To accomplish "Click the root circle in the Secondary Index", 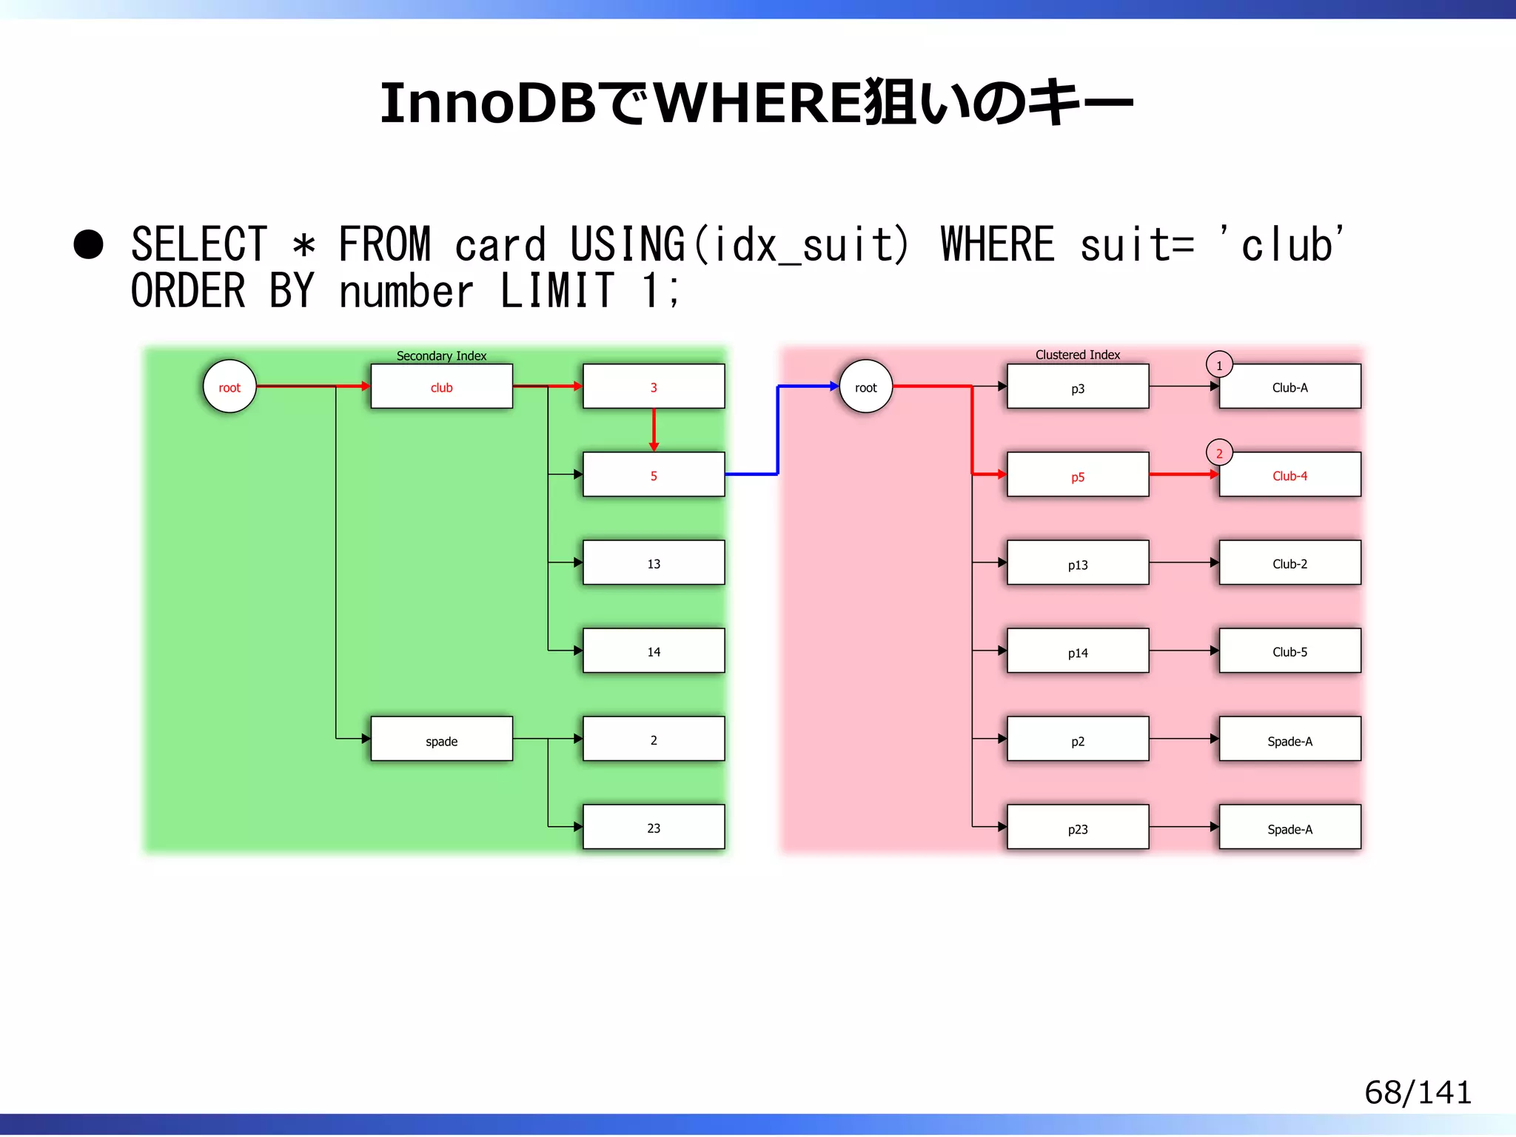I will coord(229,386).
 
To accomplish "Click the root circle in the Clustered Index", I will coord(865,386).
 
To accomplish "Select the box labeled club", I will coord(441,386).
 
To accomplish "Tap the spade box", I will coord(441,739).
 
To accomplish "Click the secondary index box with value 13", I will coord(653,563).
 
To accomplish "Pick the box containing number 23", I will coord(653,827).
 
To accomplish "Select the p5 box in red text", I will coord(1077,475).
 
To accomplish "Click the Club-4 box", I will coord(1289,475).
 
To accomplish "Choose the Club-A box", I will coord(1289,386).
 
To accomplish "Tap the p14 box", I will coord(1077,651).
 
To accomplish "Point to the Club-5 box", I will coord(1289,651).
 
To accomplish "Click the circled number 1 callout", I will coord(1219,365).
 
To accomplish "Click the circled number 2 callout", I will coord(1219,453).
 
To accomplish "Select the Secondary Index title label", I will coord(441,355).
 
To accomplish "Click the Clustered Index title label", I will coord(1077,355).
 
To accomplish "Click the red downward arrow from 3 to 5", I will coord(654,429).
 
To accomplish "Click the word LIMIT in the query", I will coord(557,290).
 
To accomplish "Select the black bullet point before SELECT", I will coord(89,244).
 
